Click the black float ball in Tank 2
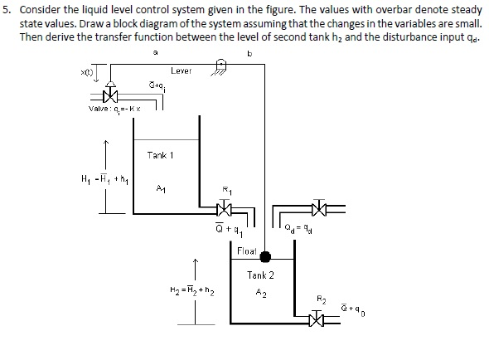click(264, 257)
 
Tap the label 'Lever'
click(182, 72)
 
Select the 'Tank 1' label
click(159, 155)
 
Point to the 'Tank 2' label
click(260, 275)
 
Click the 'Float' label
click(246, 250)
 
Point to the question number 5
click(7, 10)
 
